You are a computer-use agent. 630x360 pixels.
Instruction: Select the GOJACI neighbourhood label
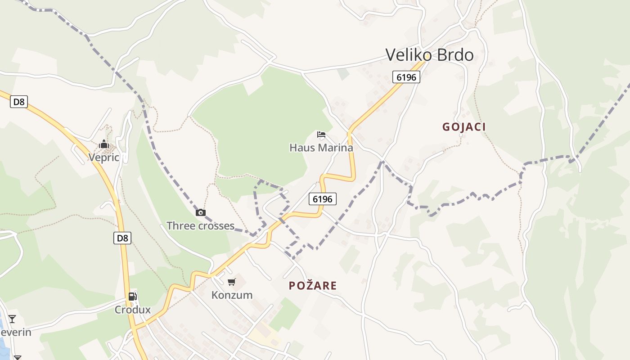464,127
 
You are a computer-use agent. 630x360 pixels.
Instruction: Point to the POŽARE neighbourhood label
313,286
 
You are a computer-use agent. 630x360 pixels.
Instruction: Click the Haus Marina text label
321,148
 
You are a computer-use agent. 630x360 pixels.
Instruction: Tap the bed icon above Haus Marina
321,135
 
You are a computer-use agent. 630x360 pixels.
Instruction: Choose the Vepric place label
104,157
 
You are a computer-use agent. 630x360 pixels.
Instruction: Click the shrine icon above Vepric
104,144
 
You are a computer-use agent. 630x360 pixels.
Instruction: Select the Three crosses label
200,226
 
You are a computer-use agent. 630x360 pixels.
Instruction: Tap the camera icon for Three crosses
200,213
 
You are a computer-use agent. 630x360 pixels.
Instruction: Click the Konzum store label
232,295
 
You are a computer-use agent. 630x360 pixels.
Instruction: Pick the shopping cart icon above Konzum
232,282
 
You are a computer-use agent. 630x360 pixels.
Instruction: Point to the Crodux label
132,310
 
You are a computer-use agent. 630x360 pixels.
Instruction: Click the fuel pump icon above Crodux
132,297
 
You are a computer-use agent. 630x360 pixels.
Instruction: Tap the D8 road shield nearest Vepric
19,102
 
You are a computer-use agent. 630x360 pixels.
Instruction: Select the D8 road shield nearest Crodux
122,238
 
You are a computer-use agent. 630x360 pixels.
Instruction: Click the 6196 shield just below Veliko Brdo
406,77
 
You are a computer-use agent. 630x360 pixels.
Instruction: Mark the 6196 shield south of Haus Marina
323,198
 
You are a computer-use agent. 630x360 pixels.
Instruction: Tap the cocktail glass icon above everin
12,319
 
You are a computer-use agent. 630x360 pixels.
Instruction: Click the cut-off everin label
15,333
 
